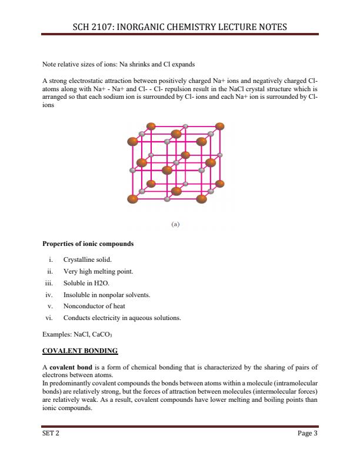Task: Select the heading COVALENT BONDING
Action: pyautogui.click(x=80, y=351)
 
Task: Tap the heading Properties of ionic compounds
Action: pyautogui.click(x=88, y=244)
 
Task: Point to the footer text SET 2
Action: pyautogui.click(x=51, y=434)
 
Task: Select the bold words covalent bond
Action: pyautogui.click(x=69, y=367)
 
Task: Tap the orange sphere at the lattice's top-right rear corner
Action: pyautogui.click(x=220, y=126)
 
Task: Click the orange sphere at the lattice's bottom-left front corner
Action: pyautogui.click(x=133, y=199)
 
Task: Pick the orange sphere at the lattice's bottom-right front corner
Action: pyautogui.click(x=202, y=198)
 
